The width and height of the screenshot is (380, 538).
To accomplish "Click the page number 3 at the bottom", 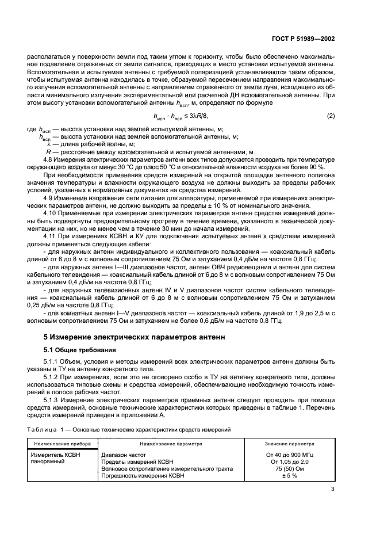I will (333, 490).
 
